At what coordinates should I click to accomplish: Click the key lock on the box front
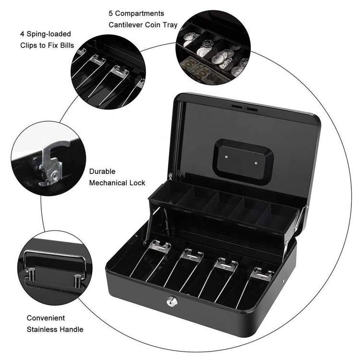point(170,299)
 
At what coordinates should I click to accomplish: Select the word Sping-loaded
point(49,34)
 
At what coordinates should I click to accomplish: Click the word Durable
point(102,171)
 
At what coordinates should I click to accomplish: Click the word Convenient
point(46,318)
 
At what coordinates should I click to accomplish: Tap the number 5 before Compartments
point(111,13)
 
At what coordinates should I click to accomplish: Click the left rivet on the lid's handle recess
point(227,156)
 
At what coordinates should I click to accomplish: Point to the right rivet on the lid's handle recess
point(256,163)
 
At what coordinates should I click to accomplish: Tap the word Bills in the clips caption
point(67,45)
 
